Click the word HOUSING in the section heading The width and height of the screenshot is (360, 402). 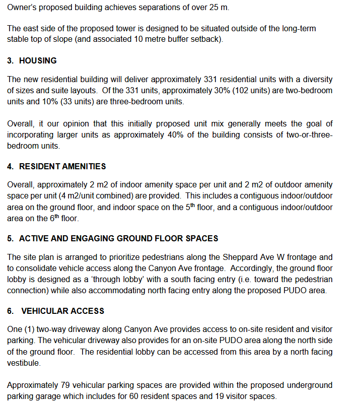(x=38, y=60)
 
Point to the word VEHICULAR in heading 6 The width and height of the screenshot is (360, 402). (x=43, y=311)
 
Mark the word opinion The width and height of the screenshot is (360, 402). (x=70, y=124)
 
